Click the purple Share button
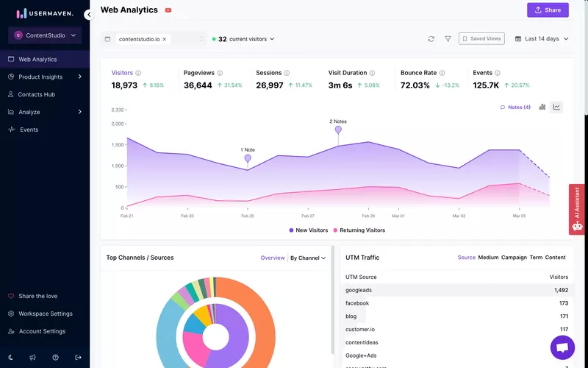pos(548,10)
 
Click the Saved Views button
pos(481,39)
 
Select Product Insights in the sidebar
pos(40,77)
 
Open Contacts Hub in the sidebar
pos(37,94)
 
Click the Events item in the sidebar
pos(29,130)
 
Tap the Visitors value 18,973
pos(125,85)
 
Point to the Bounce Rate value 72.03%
pos(415,85)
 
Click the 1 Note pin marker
pos(248,158)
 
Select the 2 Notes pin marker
pos(338,130)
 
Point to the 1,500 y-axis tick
pos(118,145)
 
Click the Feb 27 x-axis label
pos(307,216)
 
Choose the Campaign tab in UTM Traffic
pos(514,258)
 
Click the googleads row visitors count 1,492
pos(561,290)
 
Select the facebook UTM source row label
pos(357,303)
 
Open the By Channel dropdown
pos(307,258)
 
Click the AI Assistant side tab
pos(577,209)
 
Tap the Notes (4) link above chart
pos(515,107)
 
